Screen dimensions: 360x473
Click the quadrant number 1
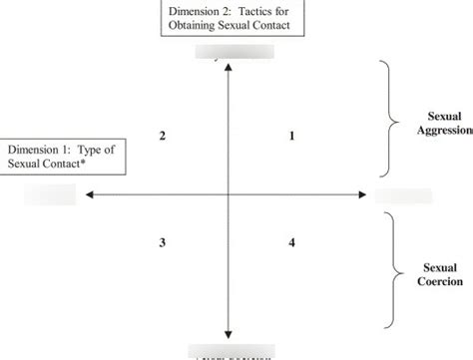(x=290, y=136)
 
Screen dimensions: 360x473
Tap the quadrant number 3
(x=163, y=242)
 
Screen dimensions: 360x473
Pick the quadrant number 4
(x=290, y=242)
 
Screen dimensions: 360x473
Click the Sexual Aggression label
(x=442, y=124)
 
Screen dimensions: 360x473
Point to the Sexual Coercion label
(x=439, y=274)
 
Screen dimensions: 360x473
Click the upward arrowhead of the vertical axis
(x=231, y=67)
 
